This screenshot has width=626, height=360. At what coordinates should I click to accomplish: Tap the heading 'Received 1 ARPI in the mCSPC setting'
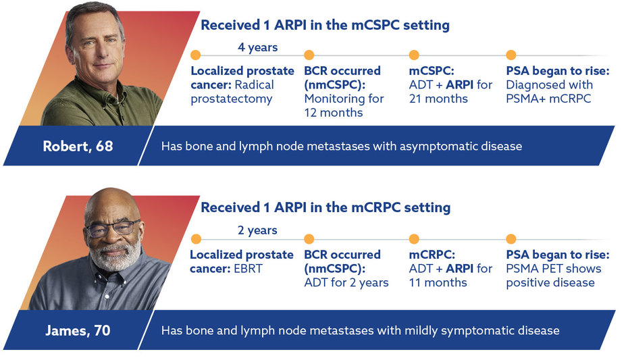pyautogui.click(x=325, y=26)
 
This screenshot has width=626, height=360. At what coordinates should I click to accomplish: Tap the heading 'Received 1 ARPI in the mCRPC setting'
pyautogui.click(x=325, y=207)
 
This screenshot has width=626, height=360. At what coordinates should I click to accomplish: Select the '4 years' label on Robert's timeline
pyautogui.click(x=257, y=47)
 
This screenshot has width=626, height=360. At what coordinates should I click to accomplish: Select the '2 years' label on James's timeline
pyautogui.click(x=257, y=230)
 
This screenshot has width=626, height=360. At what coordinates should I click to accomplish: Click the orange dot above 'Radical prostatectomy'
pyautogui.click(x=197, y=55)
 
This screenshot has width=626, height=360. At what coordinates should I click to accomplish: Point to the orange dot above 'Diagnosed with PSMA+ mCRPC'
pyautogui.click(x=511, y=55)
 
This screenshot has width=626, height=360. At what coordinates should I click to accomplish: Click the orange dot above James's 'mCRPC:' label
pyautogui.click(x=415, y=239)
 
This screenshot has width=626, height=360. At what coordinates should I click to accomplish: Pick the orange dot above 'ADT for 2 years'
pyautogui.click(x=309, y=239)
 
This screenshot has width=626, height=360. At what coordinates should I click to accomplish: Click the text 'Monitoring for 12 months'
pyautogui.click(x=344, y=106)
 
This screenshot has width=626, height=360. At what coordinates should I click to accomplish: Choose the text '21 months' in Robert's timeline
pyautogui.click(x=438, y=99)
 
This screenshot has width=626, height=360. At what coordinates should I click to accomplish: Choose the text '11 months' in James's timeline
pyautogui.click(x=438, y=282)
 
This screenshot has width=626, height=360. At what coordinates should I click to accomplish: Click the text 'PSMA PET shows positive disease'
pyautogui.click(x=553, y=276)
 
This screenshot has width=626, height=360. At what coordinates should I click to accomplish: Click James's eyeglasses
pyautogui.click(x=113, y=228)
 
